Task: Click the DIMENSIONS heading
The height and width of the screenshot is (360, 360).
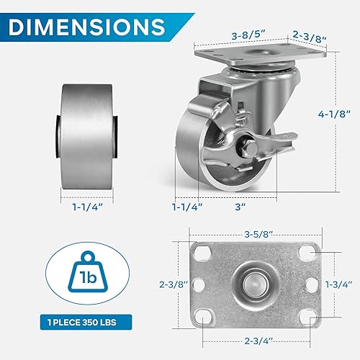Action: coord(87,27)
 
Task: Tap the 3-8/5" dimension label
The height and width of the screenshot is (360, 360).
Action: coord(248,36)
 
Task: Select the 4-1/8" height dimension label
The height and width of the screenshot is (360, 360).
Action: coord(335,114)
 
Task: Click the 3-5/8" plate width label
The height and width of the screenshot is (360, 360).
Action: coord(258,234)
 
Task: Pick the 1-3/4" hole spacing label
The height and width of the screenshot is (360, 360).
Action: coord(338,284)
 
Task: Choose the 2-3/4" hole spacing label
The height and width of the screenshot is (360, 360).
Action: coord(258,341)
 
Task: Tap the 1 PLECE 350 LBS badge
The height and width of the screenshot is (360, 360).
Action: coord(86,322)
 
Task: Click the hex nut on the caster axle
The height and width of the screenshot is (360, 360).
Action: coord(243,146)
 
